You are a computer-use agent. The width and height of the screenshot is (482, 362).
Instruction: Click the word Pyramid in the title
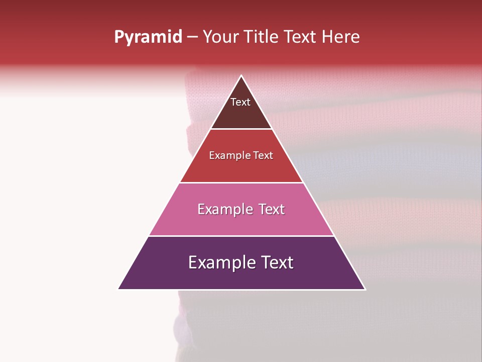pos(148,37)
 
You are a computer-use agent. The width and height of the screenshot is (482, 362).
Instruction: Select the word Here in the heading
pos(340,37)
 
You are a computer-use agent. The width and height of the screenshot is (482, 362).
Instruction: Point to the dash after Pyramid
pos(192,37)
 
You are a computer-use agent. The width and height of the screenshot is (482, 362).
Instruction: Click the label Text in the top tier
pos(240,102)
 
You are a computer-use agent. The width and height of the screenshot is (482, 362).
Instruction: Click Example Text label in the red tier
pos(241,155)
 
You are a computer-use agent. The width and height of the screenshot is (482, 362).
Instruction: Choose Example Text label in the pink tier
pos(241,209)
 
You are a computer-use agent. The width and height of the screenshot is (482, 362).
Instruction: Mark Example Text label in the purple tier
pos(241,262)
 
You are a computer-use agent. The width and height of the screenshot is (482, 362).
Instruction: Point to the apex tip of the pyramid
pos(242,76)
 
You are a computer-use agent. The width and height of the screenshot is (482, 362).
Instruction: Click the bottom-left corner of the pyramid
pos(119,289)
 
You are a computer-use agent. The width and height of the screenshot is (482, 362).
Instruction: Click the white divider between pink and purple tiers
pos(242,236)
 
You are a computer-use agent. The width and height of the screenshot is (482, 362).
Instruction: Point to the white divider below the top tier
pos(242,129)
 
